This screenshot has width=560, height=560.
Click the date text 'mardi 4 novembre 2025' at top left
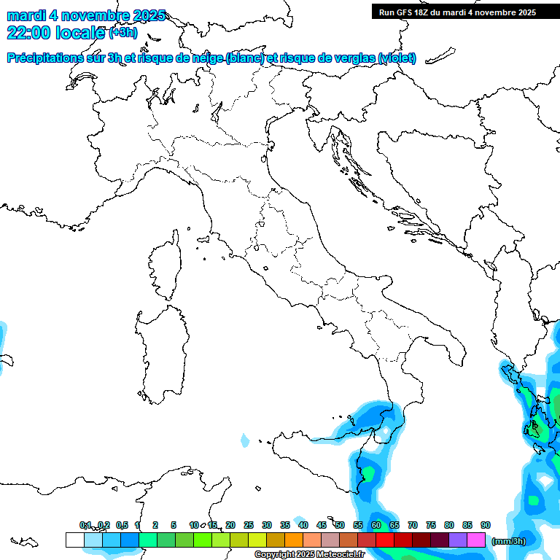(86, 15)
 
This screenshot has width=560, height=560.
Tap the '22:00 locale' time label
(55, 32)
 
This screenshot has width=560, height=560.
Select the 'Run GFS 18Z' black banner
(458, 12)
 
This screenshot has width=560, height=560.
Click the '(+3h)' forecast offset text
(122, 33)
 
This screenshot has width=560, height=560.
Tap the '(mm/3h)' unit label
(509, 541)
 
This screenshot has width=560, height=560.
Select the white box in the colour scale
(74, 540)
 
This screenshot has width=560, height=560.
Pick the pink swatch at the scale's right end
(477, 540)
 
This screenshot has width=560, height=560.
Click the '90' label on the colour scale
(486, 525)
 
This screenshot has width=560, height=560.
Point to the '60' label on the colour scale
(376, 525)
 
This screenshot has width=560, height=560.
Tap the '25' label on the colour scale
(249, 525)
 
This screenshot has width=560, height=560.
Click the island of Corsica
(165, 266)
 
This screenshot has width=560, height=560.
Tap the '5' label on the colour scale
(174, 525)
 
